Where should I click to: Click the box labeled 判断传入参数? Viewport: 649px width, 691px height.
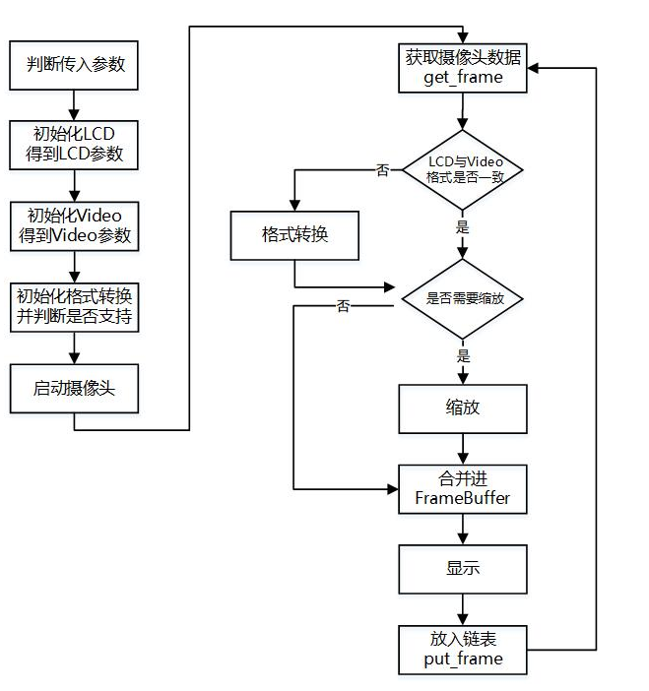click(75, 66)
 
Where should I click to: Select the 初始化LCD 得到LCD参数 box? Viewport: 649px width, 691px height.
click(75, 145)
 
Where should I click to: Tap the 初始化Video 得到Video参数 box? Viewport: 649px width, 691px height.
click(75, 225)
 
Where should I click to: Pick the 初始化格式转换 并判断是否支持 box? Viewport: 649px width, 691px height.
click(75, 307)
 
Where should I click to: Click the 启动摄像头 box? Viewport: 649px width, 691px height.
click(75, 388)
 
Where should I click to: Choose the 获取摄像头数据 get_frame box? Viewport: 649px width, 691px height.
click(463, 67)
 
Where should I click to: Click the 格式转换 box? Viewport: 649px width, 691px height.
click(294, 235)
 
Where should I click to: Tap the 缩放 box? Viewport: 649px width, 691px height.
click(463, 408)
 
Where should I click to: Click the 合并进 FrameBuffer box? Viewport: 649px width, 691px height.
click(463, 488)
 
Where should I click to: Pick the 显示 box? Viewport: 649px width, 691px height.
click(463, 569)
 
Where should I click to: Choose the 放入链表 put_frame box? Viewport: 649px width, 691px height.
click(463, 649)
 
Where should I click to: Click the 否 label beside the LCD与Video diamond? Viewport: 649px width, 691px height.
click(383, 170)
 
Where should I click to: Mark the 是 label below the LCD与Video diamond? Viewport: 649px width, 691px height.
click(463, 227)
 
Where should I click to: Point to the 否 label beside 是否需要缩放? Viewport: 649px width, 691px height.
click(343, 307)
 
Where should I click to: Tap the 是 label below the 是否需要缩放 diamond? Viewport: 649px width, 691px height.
click(463, 355)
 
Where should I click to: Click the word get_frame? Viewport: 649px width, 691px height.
click(463, 78)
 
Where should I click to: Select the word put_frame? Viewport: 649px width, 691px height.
click(463, 660)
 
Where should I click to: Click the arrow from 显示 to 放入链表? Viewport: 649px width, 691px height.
click(463, 608)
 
